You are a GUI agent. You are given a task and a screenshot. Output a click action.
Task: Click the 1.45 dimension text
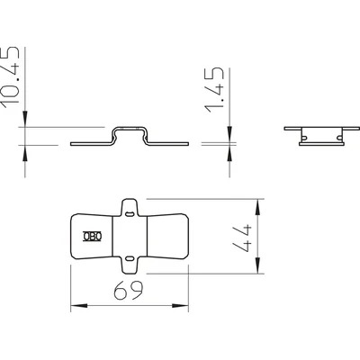coord(214,90)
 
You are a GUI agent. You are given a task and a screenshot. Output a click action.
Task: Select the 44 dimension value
coord(242,238)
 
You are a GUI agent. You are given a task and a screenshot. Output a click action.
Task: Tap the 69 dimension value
coord(129,290)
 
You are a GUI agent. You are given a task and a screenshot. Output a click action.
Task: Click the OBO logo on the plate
coord(93,237)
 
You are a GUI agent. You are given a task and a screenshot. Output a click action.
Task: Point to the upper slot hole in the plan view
coord(130,214)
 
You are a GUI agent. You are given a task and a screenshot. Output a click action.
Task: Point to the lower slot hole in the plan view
coord(130,258)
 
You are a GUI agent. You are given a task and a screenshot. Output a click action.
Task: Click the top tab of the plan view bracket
coord(130,207)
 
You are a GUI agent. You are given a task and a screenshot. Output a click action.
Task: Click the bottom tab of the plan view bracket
coord(130,265)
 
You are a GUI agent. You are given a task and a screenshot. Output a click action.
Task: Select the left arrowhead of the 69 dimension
coord(79,306)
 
